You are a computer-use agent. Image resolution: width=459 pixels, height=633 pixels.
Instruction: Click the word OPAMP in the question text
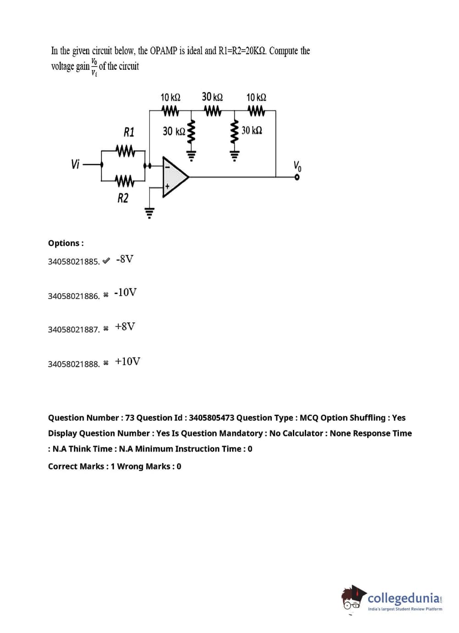(x=163, y=51)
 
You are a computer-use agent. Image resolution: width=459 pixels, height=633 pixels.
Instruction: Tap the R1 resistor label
(x=129, y=132)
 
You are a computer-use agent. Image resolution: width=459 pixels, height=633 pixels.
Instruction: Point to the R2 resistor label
(x=123, y=198)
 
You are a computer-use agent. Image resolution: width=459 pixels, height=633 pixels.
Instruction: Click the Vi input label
(x=75, y=164)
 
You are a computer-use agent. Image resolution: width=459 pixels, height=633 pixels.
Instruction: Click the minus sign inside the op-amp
(x=168, y=167)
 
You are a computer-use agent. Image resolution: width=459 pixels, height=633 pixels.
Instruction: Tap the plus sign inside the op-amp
(x=168, y=187)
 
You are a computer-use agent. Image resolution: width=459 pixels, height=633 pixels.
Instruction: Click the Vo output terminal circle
(x=297, y=177)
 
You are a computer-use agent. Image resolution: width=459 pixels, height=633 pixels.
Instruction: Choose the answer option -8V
(x=125, y=259)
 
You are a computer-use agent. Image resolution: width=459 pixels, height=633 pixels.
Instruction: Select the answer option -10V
(x=125, y=293)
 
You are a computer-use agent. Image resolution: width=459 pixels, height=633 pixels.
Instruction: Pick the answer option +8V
(x=125, y=327)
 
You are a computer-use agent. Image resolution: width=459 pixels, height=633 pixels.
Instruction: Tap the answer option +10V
(x=128, y=362)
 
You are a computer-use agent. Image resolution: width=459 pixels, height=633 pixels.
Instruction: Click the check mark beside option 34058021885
(x=106, y=261)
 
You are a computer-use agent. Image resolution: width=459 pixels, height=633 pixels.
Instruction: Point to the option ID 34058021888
(x=73, y=364)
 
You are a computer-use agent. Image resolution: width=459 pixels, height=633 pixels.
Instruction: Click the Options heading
(x=66, y=243)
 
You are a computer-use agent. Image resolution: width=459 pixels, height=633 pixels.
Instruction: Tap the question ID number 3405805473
(x=211, y=418)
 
